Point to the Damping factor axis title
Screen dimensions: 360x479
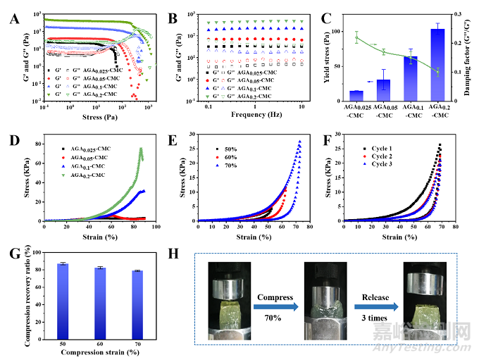tap(473, 56)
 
